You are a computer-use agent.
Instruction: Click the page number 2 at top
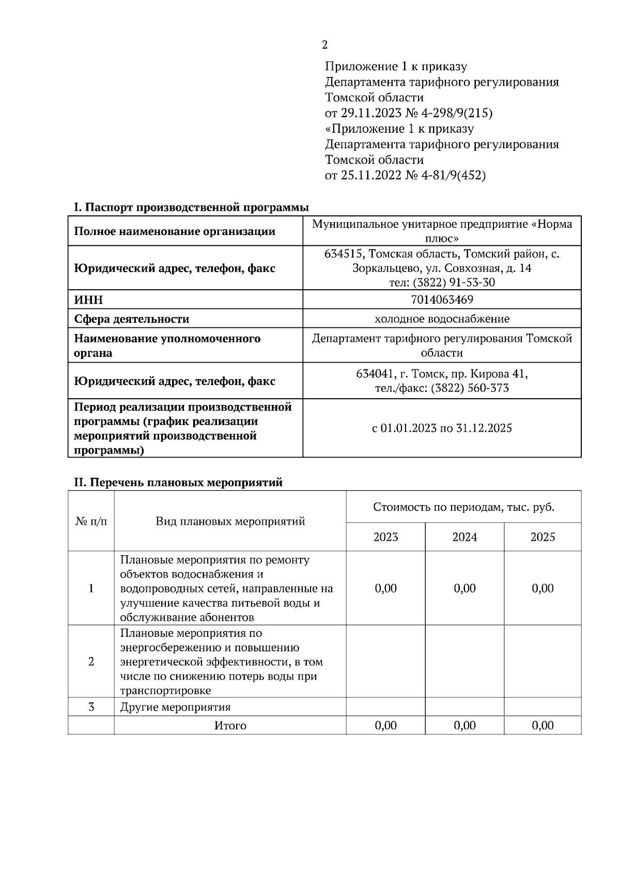tap(324, 45)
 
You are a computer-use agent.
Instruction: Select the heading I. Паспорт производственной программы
tap(192, 208)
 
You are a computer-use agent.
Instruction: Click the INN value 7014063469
tap(442, 300)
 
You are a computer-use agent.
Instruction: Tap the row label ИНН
tap(88, 300)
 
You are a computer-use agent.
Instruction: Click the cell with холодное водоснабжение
tap(442, 319)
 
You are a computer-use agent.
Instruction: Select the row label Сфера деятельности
tap(132, 319)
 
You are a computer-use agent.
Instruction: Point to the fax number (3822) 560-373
tap(470, 388)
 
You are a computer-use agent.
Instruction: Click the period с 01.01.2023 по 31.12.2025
tap(442, 428)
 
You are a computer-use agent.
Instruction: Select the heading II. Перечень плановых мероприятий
tap(179, 482)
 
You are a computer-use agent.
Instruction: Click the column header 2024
tap(464, 537)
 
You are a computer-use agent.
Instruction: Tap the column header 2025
tap(542, 537)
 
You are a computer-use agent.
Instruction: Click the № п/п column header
tap(91, 521)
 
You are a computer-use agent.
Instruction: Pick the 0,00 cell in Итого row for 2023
tap(385, 725)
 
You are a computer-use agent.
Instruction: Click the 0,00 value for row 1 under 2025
tap(542, 588)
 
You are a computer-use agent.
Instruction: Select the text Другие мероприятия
tap(175, 707)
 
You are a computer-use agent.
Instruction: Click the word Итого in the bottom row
tap(230, 726)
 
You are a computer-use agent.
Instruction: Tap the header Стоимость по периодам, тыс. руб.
tap(463, 507)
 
